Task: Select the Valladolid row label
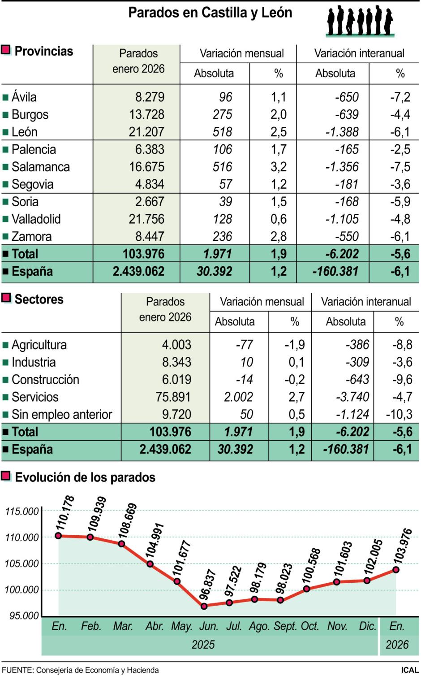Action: (x=36, y=219)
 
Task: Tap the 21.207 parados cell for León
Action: (x=146, y=132)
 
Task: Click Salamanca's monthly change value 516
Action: (x=222, y=167)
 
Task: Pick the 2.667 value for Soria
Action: (x=150, y=202)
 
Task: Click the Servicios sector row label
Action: (x=35, y=397)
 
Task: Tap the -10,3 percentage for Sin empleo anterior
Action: (x=399, y=415)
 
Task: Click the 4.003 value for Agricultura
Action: (x=176, y=345)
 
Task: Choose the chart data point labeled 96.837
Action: (x=204, y=606)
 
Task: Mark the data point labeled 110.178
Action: (x=58, y=535)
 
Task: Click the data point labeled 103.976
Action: (x=396, y=569)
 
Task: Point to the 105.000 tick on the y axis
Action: (x=21, y=563)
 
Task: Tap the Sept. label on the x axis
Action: (x=285, y=626)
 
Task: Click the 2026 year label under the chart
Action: (x=397, y=645)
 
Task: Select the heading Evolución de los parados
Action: (x=85, y=477)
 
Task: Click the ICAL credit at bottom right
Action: (x=409, y=670)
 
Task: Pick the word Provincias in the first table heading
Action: (x=44, y=51)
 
